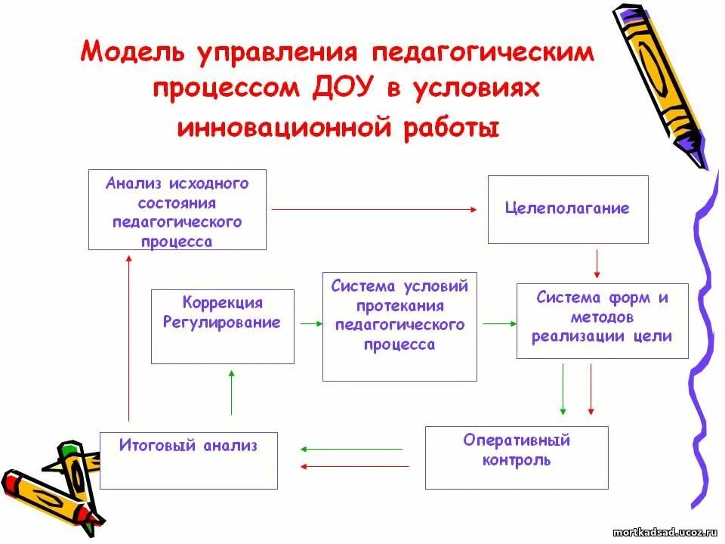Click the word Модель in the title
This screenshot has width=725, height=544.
[x=133, y=53]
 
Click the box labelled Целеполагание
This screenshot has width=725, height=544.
[x=567, y=209]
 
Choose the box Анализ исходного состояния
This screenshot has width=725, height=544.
[x=177, y=210]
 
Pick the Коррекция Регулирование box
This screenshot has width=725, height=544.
[x=222, y=326]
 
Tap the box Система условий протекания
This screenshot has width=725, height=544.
[x=400, y=326]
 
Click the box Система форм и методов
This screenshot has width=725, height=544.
[x=602, y=320]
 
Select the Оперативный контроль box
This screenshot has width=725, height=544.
[x=516, y=457]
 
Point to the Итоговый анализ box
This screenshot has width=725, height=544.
[x=188, y=460]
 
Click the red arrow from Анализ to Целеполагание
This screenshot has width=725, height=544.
[x=375, y=209]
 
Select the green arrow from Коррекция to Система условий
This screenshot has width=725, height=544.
[x=308, y=323]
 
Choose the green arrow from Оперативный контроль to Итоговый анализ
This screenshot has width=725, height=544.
[x=352, y=449]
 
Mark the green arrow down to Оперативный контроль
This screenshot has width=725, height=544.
[x=563, y=389]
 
